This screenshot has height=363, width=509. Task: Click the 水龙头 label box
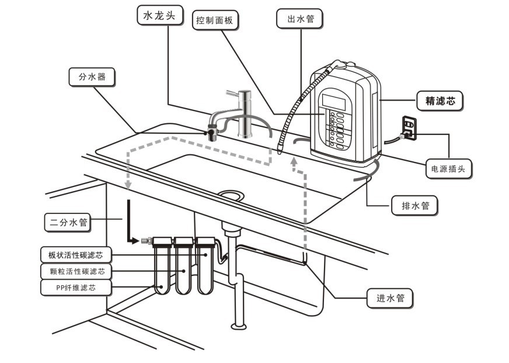pos(160,15)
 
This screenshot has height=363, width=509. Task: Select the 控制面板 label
pos(215,20)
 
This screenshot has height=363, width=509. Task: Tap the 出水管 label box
pos(299,19)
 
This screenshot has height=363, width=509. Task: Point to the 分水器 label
pos(92,77)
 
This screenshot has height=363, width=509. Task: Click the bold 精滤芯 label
pos(440,101)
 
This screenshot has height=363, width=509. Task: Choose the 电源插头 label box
pos(449,169)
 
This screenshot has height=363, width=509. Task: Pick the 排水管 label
pos(414,205)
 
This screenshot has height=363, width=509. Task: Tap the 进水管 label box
pos(390,298)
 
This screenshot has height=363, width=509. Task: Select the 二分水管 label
pos(68,223)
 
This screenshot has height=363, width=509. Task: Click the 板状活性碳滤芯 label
pos(76,255)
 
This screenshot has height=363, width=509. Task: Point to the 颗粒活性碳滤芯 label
pos(76,271)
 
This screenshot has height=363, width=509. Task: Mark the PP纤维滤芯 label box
pos(76,288)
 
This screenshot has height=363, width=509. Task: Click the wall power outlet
pos(409,129)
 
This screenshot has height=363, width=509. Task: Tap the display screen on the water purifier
pos(334,102)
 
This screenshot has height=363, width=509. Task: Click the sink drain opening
pos(231,196)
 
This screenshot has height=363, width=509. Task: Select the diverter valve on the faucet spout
pos(212,132)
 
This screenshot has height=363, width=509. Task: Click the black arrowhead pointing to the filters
pos(135,241)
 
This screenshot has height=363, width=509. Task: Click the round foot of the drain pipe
pos(239,326)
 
